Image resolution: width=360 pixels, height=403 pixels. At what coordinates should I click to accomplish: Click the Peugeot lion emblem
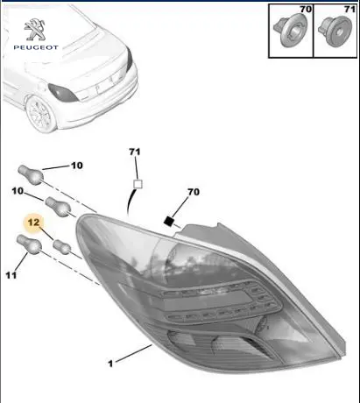(35, 30)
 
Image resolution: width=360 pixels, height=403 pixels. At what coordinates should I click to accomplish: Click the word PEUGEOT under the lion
(36, 47)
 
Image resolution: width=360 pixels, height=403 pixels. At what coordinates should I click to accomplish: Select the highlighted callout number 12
(33, 223)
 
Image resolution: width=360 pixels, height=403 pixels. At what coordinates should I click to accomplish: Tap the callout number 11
(11, 275)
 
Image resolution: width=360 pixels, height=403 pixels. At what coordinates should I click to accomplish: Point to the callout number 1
(110, 364)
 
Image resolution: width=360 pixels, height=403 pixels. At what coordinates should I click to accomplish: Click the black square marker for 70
(168, 221)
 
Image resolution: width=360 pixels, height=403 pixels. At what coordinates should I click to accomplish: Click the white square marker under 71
(138, 184)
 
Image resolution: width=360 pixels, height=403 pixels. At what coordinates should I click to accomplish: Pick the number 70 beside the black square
(194, 192)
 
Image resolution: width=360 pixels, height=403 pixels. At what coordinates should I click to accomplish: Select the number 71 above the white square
(135, 152)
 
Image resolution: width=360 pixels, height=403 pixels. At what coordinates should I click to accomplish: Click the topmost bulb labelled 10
(31, 174)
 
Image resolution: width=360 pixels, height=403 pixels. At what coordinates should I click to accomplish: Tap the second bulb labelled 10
(58, 207)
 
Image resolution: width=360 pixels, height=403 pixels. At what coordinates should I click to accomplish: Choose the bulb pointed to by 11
(29, 244)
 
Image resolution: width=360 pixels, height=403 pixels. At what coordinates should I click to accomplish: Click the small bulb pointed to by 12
(62, 247)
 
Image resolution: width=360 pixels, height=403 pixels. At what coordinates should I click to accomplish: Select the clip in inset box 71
(335, 32)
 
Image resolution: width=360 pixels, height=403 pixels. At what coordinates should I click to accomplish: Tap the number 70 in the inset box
(306, 10)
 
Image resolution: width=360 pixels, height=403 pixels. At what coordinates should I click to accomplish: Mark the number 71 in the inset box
(349, 10)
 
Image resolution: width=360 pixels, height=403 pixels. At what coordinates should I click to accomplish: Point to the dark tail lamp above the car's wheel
(63, 92)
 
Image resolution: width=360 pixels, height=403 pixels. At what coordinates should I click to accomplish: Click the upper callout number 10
(77, 166)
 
